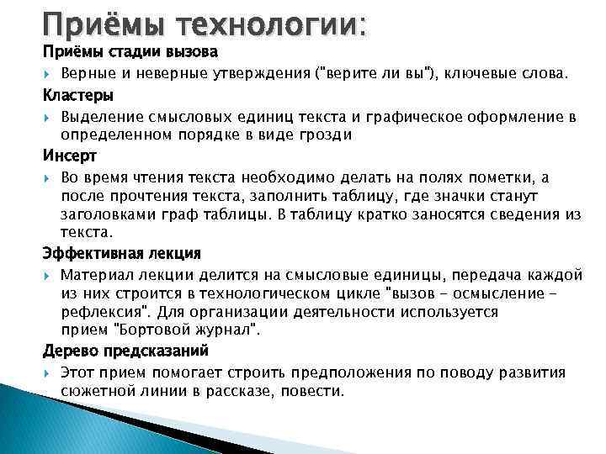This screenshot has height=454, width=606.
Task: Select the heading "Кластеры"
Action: click(x=78, y=94)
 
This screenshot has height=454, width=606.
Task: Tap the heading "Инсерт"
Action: click(x=70, y=156)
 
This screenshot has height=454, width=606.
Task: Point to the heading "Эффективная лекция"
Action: click(x=122, y=252)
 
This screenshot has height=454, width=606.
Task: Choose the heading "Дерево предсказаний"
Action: click(x=125, y=350)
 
